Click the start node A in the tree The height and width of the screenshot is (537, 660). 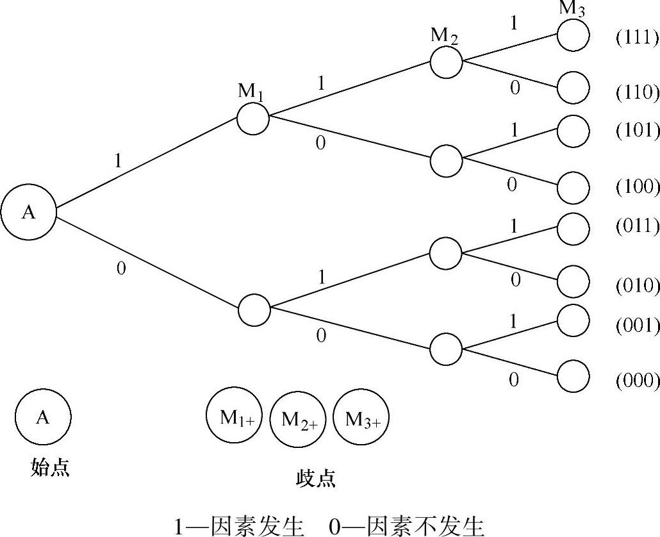(x=29, y=213)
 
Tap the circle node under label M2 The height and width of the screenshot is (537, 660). (x=446, y=62)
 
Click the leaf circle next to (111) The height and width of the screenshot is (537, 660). (x=572, y=35)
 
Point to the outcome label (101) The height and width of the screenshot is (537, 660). (x=637, y=131)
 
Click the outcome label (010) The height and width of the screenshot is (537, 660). (x=637, y=285)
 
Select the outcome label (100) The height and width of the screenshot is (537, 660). (x=637, y=187)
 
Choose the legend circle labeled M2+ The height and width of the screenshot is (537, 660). (x=299, y=420)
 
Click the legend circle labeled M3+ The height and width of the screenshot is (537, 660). (x=361, y=420)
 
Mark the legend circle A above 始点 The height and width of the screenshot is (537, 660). (x=43, y=417)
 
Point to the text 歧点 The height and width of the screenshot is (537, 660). (x=316, y=478)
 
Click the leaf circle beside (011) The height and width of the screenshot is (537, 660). (x=572, y=227)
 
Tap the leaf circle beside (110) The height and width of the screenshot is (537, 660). (x=572, y=88)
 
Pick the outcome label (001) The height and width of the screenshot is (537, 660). (x=637, y=326)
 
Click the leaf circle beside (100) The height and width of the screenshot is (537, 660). (x=572, y=187)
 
